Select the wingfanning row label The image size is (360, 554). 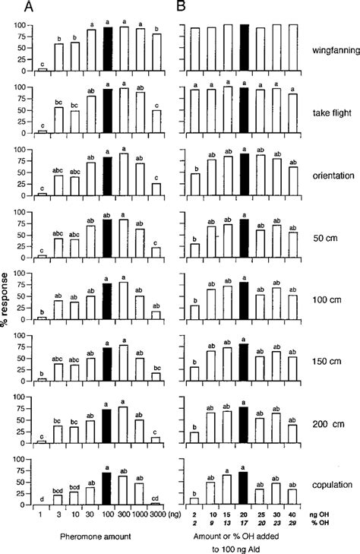[332, 50]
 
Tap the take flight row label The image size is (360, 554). [330, 111]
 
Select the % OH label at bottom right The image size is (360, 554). [328, 524]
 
